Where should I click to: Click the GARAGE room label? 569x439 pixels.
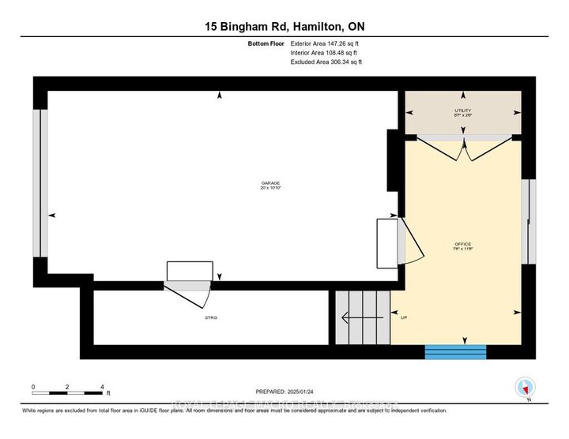[270, 182]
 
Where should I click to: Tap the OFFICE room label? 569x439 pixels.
[463, 244]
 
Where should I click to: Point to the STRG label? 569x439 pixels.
[211, 317]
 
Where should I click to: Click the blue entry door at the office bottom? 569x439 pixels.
[455, 352]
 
